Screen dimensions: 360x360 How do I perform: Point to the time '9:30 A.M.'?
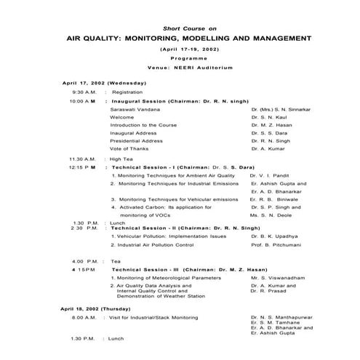coord(84,92)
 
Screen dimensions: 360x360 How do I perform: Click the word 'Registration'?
coord(127,92)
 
